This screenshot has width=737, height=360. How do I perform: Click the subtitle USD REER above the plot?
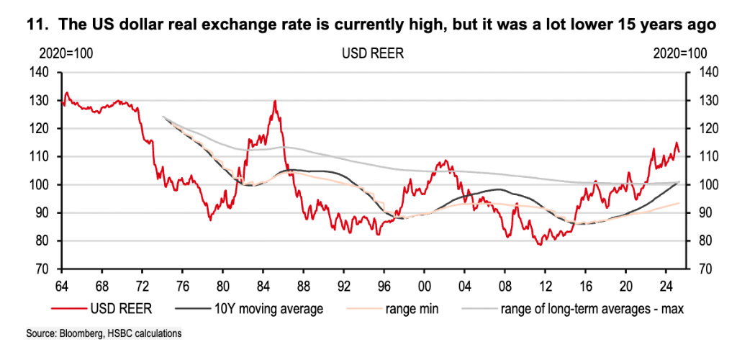coord(368,53)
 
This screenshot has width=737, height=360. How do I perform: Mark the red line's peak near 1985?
coord(275,101)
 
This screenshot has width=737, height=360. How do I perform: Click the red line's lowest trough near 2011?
coord(538,245)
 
